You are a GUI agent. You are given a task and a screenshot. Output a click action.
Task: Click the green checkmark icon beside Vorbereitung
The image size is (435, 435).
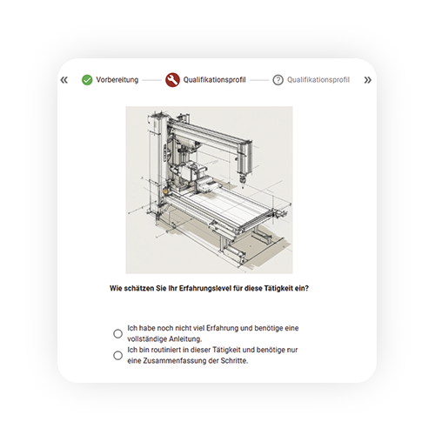coord(87,80)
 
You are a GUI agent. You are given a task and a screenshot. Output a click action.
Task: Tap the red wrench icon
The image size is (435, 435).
coord(172,80)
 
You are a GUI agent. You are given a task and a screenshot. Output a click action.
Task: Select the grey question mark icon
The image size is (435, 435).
coord(278,80)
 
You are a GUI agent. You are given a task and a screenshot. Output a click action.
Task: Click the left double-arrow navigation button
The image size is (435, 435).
coord(64,80)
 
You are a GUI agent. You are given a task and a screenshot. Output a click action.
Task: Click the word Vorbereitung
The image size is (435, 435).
coord(117,80)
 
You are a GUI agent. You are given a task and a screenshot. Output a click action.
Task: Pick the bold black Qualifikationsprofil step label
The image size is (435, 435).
coord(214,80)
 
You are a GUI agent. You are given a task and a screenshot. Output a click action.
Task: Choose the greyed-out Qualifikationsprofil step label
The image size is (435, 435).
coord(318,80)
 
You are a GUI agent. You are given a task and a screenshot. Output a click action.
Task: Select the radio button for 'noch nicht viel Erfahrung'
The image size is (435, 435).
coord(117,333)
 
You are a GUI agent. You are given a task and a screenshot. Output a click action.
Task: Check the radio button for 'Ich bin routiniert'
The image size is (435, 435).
coord(117,355)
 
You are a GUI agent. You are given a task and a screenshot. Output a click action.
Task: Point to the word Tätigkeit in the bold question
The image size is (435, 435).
coord(278,288)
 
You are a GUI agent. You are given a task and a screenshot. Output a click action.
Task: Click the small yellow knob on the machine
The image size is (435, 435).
coord(165,191)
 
